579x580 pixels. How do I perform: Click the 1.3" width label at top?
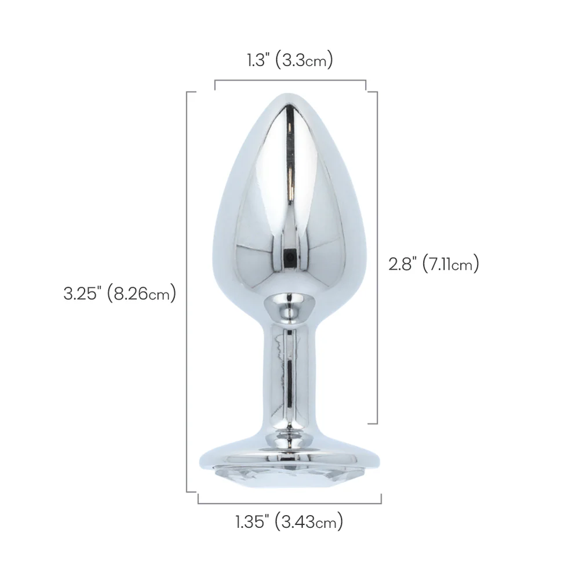coord(257,60)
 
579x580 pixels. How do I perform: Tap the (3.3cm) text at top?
coord(304,60)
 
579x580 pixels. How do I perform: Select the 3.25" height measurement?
coord(82,294)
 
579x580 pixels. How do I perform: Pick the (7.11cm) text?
coord(451,264)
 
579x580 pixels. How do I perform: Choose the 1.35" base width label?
coord(251,522)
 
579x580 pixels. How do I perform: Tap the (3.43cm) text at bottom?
coord(309,523)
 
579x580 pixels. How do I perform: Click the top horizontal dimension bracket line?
coord(290,80)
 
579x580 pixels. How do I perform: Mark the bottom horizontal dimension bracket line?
coord(290,503)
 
